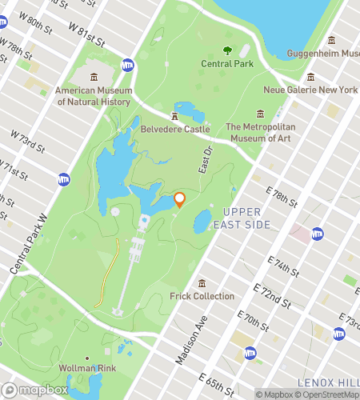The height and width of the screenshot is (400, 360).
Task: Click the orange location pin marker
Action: [x=179, y=199]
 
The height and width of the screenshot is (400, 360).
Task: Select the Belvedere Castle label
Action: [x=175, y=129]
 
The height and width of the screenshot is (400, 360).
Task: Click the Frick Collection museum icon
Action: [x=202, y=283]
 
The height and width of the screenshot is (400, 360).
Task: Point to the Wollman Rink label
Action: [x=87, y=369]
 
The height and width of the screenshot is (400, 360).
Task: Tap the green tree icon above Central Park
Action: [x=227, y=50]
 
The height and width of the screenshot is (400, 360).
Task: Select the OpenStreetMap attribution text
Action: [x=326, y=394]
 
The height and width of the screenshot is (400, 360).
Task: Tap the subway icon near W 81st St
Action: [x=127, y=65]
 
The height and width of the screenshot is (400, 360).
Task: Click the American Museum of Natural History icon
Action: [x=94, y=76]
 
